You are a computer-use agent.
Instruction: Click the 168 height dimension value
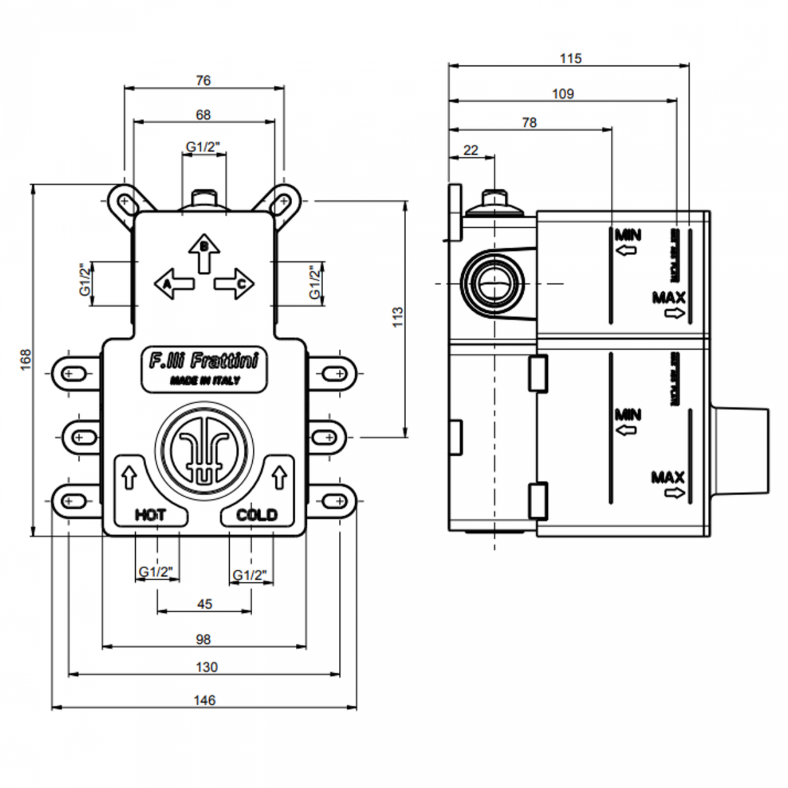click(25, 360)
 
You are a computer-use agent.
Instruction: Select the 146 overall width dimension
click(204, 700)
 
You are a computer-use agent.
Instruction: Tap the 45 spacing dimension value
click(204, 604)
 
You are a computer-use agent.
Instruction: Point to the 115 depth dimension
click(570, 58)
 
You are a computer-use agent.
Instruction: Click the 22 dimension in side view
click(470, 150)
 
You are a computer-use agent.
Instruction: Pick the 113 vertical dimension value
click(398, 317)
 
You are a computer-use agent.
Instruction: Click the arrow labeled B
click(204, 252)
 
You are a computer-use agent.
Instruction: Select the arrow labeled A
click(174, 283)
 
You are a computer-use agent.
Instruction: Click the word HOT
click(150, 515)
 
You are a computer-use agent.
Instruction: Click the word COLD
click(256, 515)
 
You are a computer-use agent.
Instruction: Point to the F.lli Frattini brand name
click(204, 361)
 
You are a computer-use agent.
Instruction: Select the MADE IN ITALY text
click(204, 381)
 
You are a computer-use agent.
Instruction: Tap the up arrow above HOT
click(129, 476)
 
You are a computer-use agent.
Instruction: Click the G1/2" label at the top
click(203, 147)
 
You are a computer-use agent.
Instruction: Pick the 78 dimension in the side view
click(529, 122)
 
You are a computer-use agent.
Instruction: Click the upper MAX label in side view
click(669, 298)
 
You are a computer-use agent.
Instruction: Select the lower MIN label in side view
click(628, 415)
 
